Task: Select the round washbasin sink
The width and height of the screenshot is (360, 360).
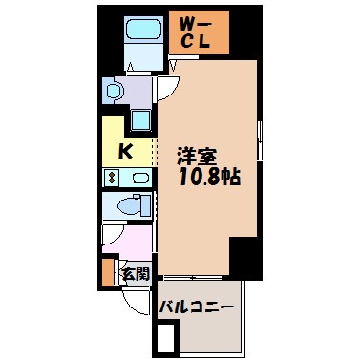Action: tap(114, 92)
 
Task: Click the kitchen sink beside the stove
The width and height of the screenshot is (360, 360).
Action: tap(139, 178)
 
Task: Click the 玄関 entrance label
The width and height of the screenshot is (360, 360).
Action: tap(134, 274)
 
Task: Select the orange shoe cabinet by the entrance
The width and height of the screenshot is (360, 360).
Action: tap(107, 270)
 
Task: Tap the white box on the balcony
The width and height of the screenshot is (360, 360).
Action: tap(167, 336)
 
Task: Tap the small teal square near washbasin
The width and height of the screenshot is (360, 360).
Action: tap(140, 119)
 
